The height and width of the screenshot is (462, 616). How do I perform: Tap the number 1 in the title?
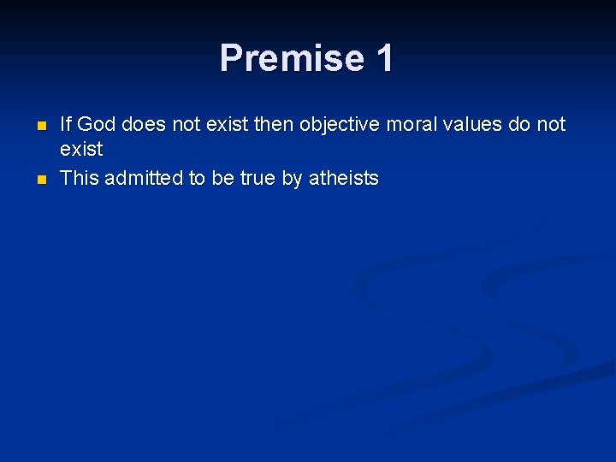(x=384, y=58)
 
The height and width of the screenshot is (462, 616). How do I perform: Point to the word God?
(x=97, y=125)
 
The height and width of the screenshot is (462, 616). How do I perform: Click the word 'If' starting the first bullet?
(x=66, y=125)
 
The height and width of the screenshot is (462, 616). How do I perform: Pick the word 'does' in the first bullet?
(x=145, y=125)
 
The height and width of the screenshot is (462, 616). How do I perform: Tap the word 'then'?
(x=273, y=125)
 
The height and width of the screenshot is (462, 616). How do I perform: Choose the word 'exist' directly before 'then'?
(x=227, y=125)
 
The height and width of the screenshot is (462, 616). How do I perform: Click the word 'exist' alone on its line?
(x=81, y=150)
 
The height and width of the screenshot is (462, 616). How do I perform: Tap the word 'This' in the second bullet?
(x=80, y=178)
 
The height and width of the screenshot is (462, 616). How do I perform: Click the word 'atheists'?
(x=343, y=178)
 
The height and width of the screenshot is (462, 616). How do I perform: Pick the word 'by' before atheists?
(x=293, y=178)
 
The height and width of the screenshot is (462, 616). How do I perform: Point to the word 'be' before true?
(x=218, y=178)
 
